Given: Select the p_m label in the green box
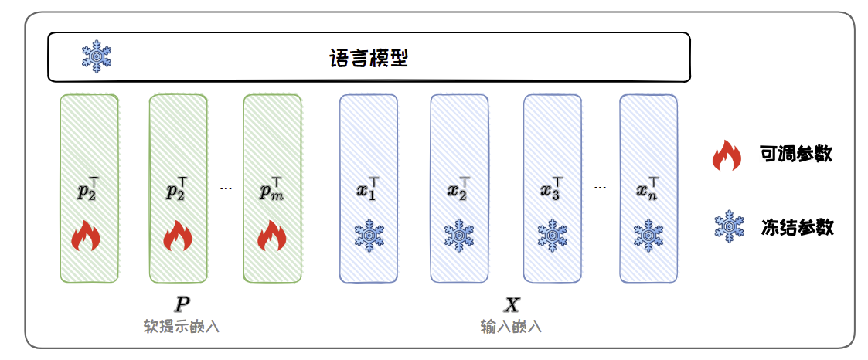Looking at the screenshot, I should point(271,189).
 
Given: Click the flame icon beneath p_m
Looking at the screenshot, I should point(271,236).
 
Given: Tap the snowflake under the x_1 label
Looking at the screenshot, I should point(369,235).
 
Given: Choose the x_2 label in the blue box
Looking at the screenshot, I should point(459,189).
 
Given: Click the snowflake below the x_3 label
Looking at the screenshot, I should point(553,235).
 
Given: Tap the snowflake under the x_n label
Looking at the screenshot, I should point(648,235).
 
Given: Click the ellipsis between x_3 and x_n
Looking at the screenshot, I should point(601,188).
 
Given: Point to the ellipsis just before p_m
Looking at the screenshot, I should point(226,188).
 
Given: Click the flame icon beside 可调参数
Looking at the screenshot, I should point(727,155).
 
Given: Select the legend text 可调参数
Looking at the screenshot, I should point(795,154).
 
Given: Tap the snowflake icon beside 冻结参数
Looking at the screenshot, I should point(728,226).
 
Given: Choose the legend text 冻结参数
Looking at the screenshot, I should point(795,226).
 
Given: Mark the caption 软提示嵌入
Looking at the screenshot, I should point(182,326).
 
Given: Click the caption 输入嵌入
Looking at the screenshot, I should point(511,326).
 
